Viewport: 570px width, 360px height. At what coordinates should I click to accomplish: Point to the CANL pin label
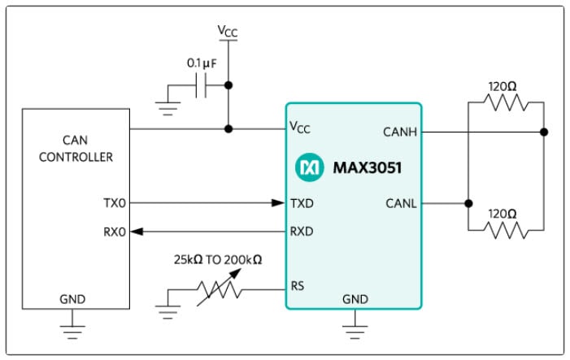[x=401, y=203]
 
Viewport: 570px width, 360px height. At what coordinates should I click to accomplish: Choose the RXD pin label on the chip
[x=302, y=232]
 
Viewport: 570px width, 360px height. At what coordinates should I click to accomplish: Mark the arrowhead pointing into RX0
[x=137, y=232]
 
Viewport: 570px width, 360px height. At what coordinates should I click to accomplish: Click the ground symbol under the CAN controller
[x=73, y=330]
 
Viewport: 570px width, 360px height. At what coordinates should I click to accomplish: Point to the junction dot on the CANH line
[x=543, y=131]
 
